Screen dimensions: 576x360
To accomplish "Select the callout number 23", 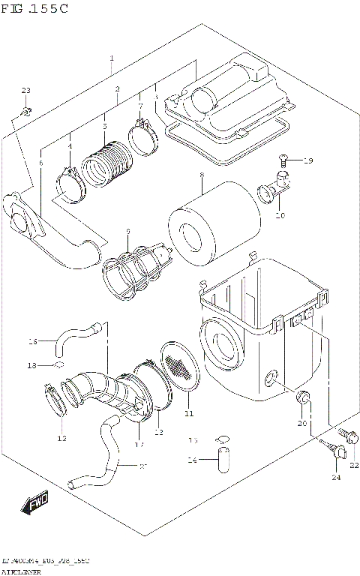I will pos(26,91).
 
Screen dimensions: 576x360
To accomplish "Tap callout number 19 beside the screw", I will pos(308,160).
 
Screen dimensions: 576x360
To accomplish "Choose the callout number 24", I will pos(335,478).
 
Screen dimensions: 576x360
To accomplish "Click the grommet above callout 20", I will pos(304,397).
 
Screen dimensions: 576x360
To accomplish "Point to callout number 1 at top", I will pos(111,58).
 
